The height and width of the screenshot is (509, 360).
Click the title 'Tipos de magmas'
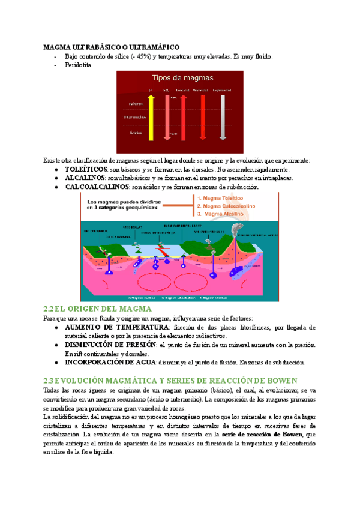pos(180,78)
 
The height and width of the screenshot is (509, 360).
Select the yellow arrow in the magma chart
pos(151,120)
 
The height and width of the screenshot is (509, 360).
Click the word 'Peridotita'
pos(78,65)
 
